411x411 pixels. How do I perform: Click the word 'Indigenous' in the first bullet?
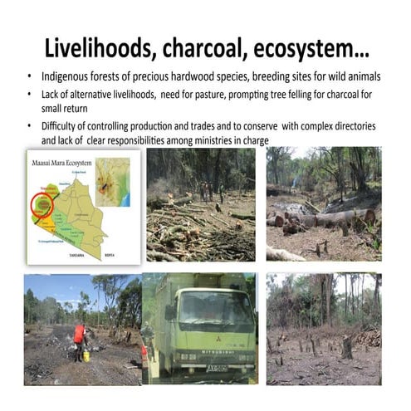[64, 78]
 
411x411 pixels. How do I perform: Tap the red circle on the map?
[42, 203]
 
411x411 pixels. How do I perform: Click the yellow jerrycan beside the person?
[86, 355]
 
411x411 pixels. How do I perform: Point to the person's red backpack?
[79, 333]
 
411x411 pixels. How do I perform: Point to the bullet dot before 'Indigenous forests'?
[31, 78]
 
